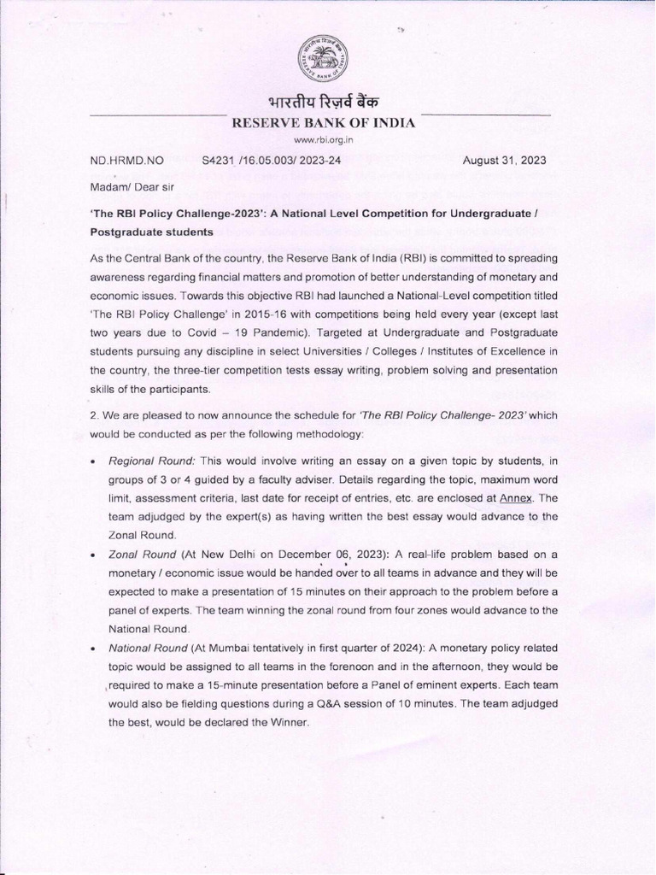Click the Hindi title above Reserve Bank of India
[x=324, y=103]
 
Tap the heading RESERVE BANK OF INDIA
[x=324, y=123]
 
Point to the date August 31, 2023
[x=504, y=160]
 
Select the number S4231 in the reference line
[x=220, y=160]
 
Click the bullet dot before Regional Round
[x=92, y=461]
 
